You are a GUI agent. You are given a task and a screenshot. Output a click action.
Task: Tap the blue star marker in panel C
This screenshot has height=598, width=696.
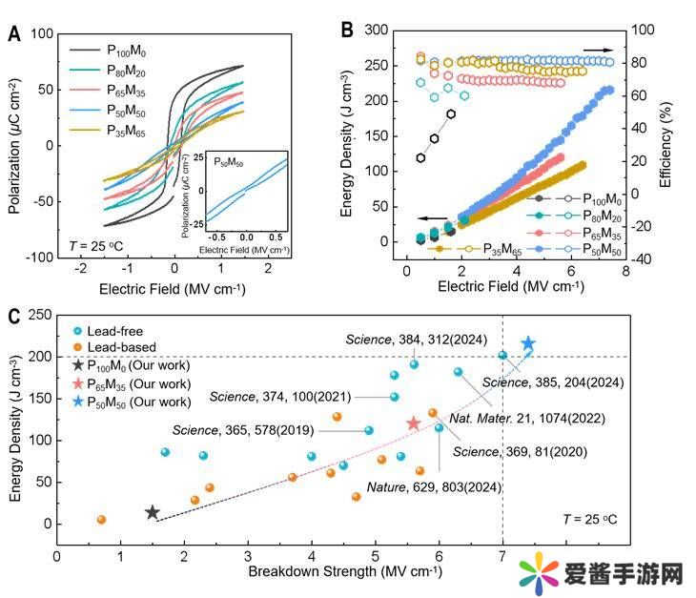point(527,343)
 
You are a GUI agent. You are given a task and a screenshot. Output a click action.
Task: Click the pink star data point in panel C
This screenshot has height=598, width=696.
point(413,423)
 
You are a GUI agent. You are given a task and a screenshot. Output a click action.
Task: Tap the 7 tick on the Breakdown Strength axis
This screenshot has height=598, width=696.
point(502,555)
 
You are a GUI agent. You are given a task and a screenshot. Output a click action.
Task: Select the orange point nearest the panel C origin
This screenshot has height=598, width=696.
point(101,520)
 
